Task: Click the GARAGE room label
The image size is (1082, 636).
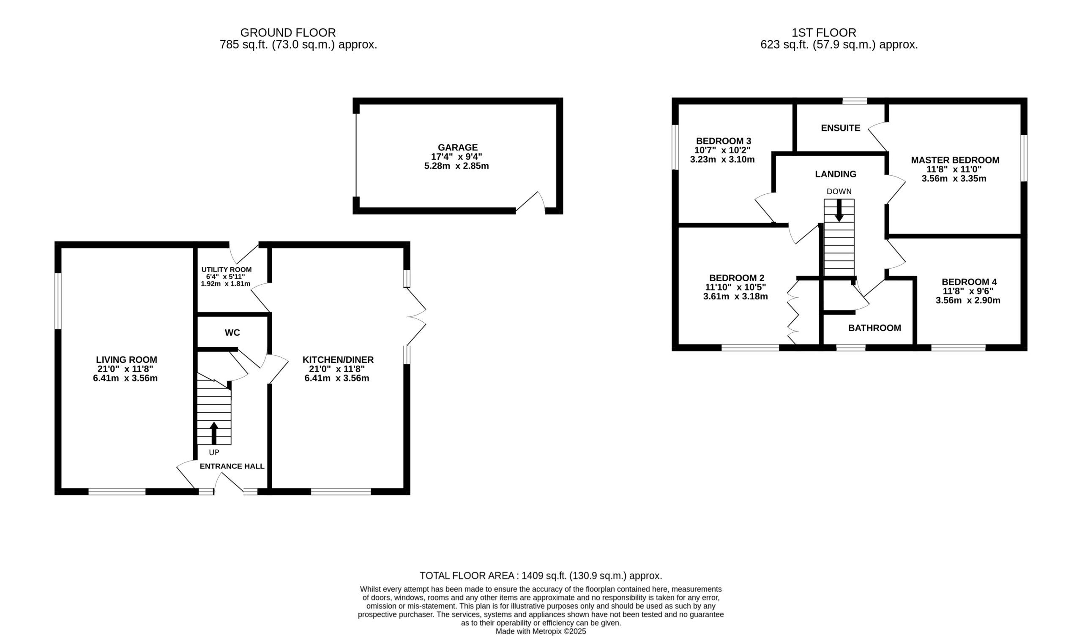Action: pyautogui.click(x=458, y=147)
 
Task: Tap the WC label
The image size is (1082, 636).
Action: pyautogui.click(x=232, y=333)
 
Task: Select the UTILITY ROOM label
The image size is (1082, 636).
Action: pyautogui.click(x=227, y=269)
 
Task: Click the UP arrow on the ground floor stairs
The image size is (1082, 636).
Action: pyautogui.click(x=214, y=433)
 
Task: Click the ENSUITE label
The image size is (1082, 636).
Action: pyautogui.click(x=841, y=128)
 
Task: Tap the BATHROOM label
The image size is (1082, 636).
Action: pyautogui.click(x=874, y=328)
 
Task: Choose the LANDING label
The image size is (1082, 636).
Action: pyautogui.click(x=836, y=174)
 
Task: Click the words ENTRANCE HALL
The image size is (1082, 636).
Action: pyautogui.click(x=232, y=466)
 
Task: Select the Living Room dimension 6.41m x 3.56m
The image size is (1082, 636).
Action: pyautogui.click(x=126, y=378)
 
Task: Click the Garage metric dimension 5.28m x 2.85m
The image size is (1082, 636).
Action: pyautogui.click(x=456, y=166)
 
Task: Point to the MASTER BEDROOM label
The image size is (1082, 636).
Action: pyautogui.click(x=955, y=160)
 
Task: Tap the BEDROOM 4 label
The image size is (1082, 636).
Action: pyautogui.click(x=970, y=282)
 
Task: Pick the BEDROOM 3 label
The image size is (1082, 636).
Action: pyautogui.click(x=724, y=141)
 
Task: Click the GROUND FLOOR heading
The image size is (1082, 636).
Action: pyautogui.click(x=288, y=33)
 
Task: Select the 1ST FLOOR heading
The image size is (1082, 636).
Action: pyautogui.click(x=824, y=33)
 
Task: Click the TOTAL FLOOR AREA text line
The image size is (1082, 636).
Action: pyautogui.click(x=541, y=576)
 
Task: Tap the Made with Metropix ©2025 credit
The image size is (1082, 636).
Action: pyautogui.click(x=541, y=631)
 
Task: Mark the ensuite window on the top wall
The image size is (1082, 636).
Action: pyautogui.click(x=855, y=101)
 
